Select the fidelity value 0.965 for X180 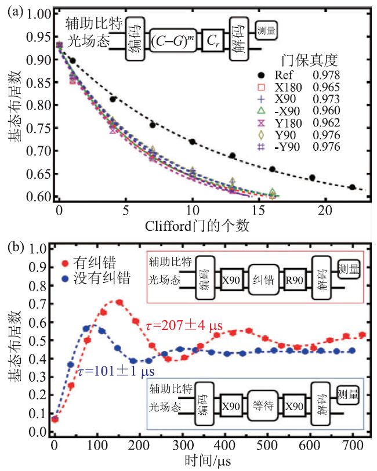325,87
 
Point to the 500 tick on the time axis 289,445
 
